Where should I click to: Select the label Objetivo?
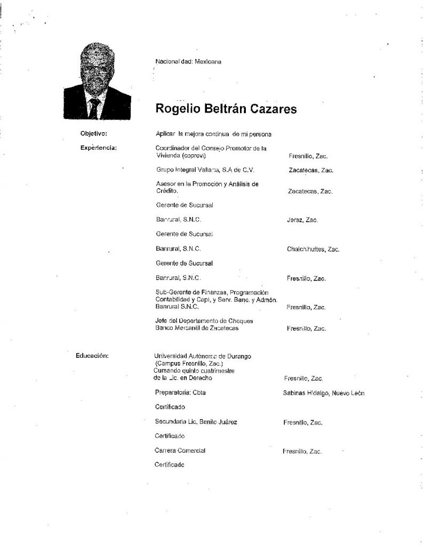94,133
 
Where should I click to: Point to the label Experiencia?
98,147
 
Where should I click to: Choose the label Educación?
93,355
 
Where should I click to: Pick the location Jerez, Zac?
302,220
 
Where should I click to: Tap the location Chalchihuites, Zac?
313,249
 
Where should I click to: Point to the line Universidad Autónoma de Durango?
203,356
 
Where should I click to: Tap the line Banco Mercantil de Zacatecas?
196,328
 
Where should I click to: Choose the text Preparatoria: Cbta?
180,393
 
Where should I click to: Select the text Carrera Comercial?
180,451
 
